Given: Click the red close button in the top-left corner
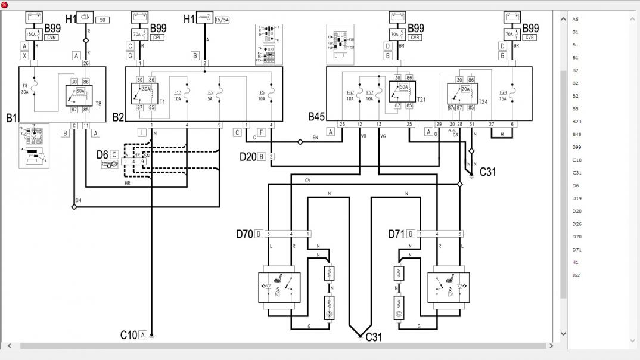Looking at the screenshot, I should pos(4,4).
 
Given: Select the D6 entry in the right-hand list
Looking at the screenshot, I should pos(576,185).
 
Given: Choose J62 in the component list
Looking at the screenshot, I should pos(576,275).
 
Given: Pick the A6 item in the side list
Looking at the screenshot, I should pos(576,19).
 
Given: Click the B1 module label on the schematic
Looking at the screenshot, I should pos(12,118).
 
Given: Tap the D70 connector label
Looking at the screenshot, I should pos(245,234).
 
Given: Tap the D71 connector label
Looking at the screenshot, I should pos(397,234).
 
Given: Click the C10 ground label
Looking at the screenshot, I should pos(128,335).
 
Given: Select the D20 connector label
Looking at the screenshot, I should pos(247,157).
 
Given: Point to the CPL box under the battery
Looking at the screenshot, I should pos(157,38).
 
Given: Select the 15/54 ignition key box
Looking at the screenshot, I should pos(222,20).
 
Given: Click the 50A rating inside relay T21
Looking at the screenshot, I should pos(403,87).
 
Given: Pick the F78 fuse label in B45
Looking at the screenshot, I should pos(503,92).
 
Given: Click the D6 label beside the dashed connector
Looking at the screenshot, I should pos(102,155).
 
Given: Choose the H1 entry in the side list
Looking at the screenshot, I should pos(576,262).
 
